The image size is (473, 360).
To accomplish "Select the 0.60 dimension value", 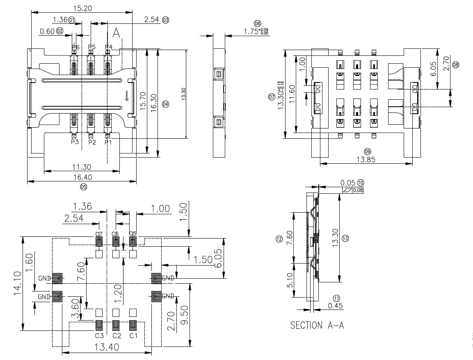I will click(48, 31).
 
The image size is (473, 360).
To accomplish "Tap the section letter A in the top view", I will click(117, 33).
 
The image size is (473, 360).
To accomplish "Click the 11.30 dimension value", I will click(82, 167).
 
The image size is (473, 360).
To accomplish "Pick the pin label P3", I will click(75, 142).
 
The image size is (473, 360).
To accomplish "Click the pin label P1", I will click(108, 142).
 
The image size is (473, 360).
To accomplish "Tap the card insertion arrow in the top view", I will click(127, 96).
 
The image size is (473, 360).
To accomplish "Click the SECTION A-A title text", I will click(317, 326).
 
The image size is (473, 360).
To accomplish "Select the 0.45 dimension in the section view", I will click(336, 306).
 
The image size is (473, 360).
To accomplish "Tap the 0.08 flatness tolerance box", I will click(357, 190).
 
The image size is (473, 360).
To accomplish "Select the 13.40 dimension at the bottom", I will click(107, 347).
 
